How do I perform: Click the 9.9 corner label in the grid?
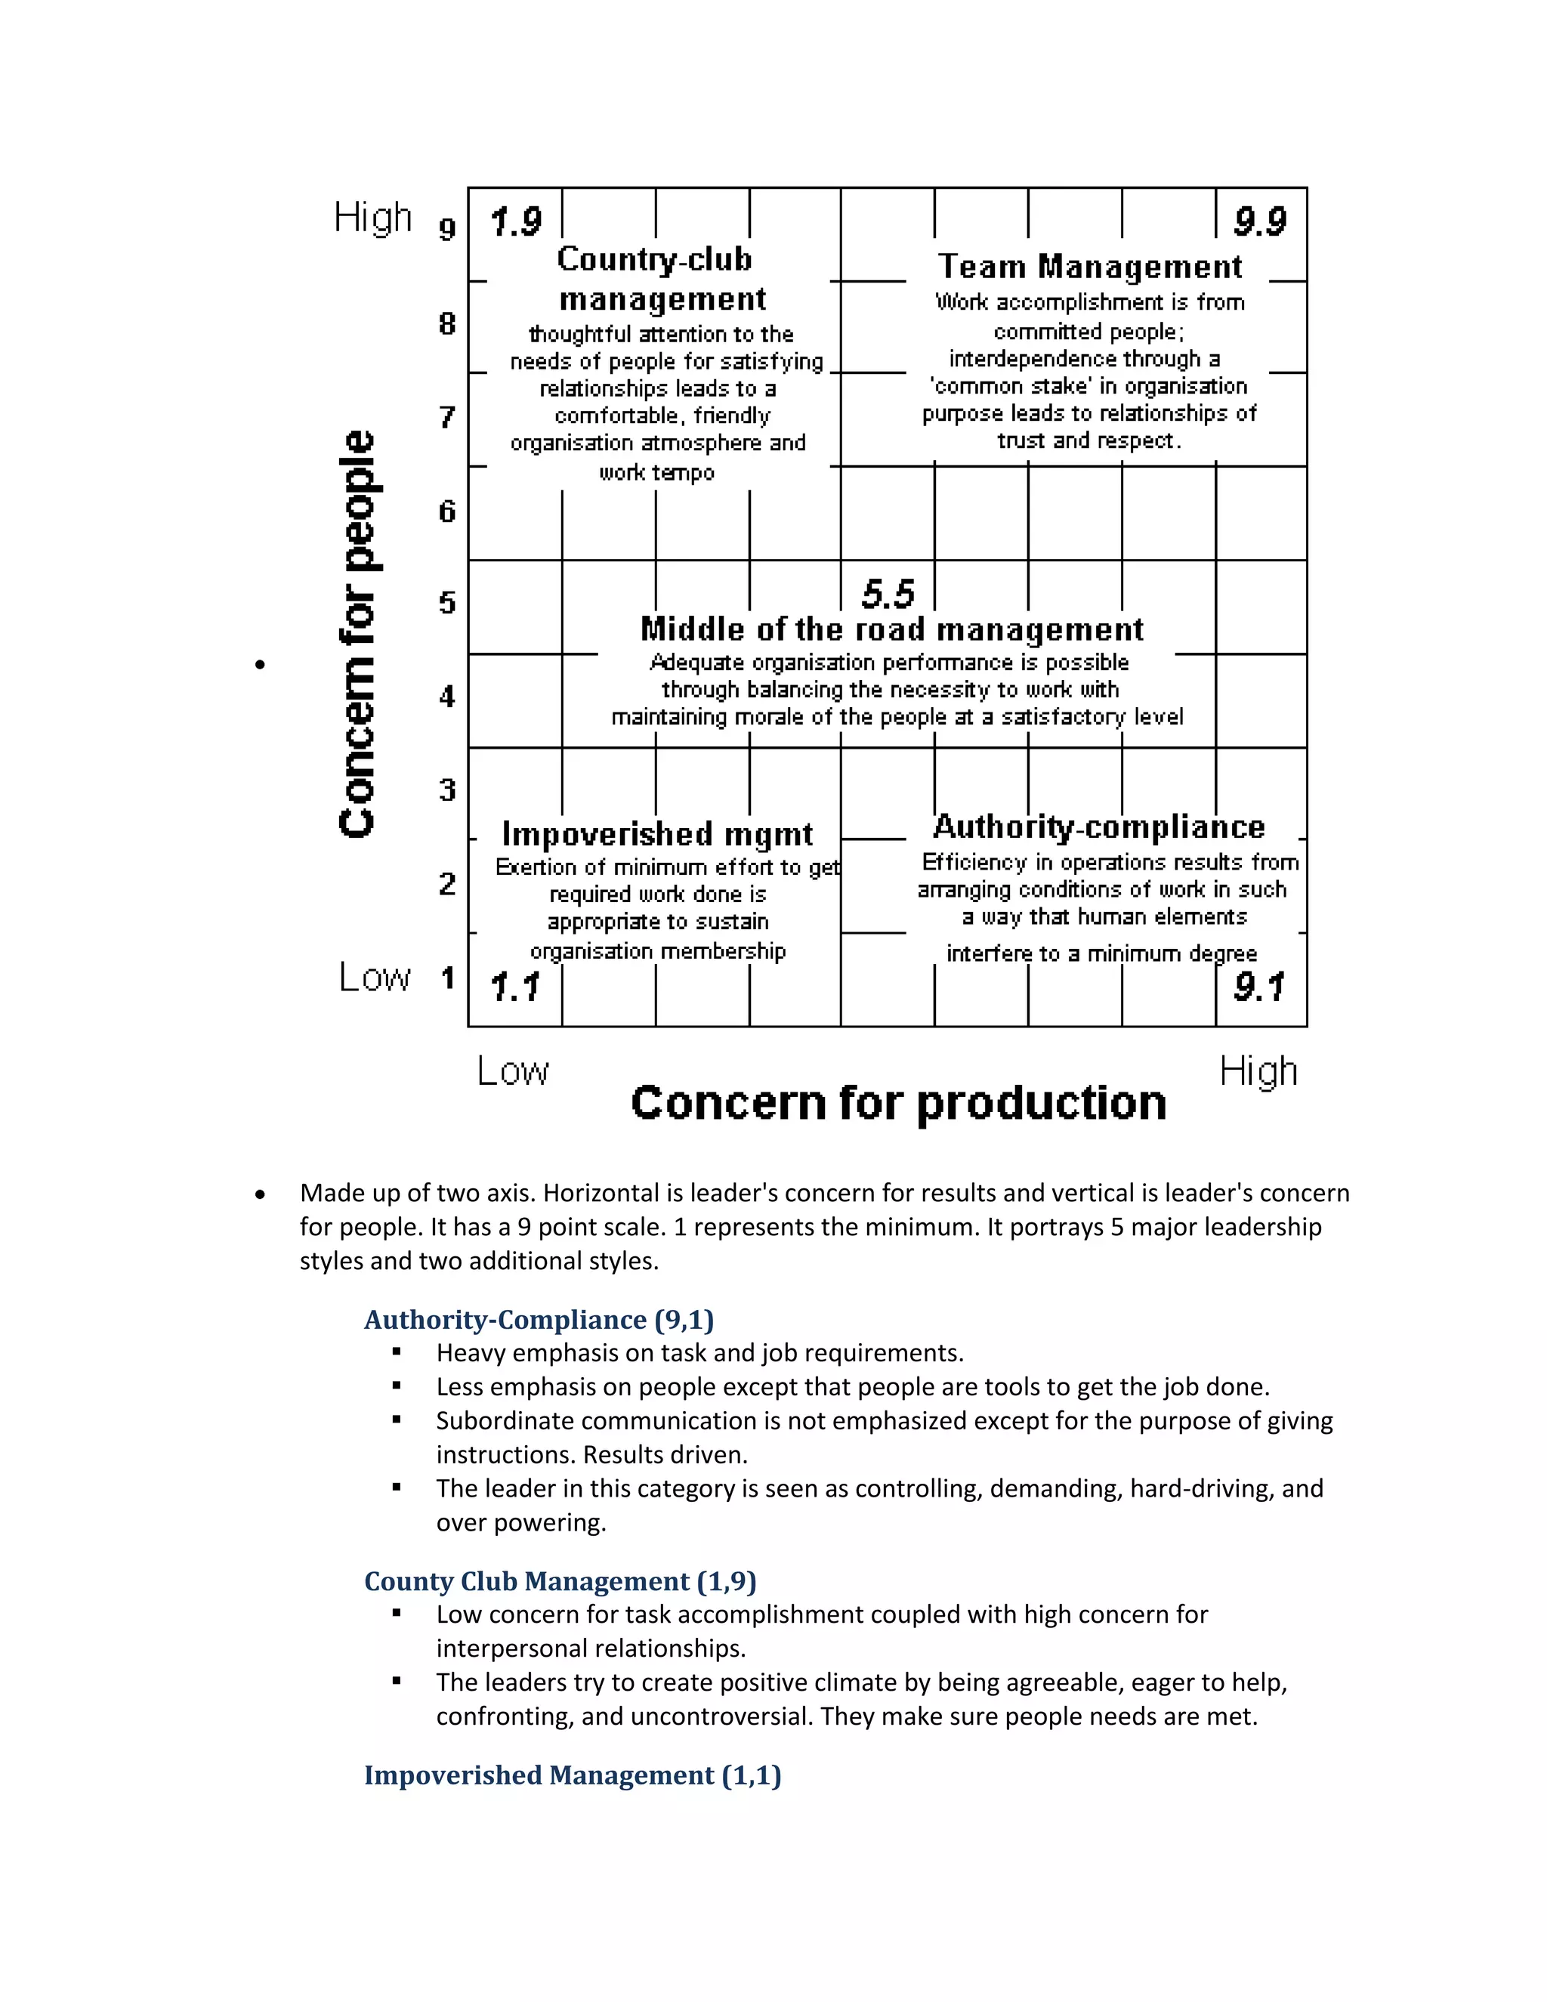[1260, 221]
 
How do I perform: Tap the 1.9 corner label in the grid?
[515, 221]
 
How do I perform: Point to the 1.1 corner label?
[515, 987]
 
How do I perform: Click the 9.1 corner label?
[1260, 987]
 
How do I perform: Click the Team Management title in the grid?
[1090, 267]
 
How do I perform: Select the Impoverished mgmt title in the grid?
[657, 834]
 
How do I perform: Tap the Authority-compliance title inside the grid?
[1099, 826]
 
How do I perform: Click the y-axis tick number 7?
[447, 417]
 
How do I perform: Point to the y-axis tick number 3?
[447, 789]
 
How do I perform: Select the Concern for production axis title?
[898, 1103]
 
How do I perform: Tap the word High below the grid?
[1258, 1071]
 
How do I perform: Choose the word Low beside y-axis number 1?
[375, 977]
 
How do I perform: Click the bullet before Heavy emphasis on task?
[397, 1352]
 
